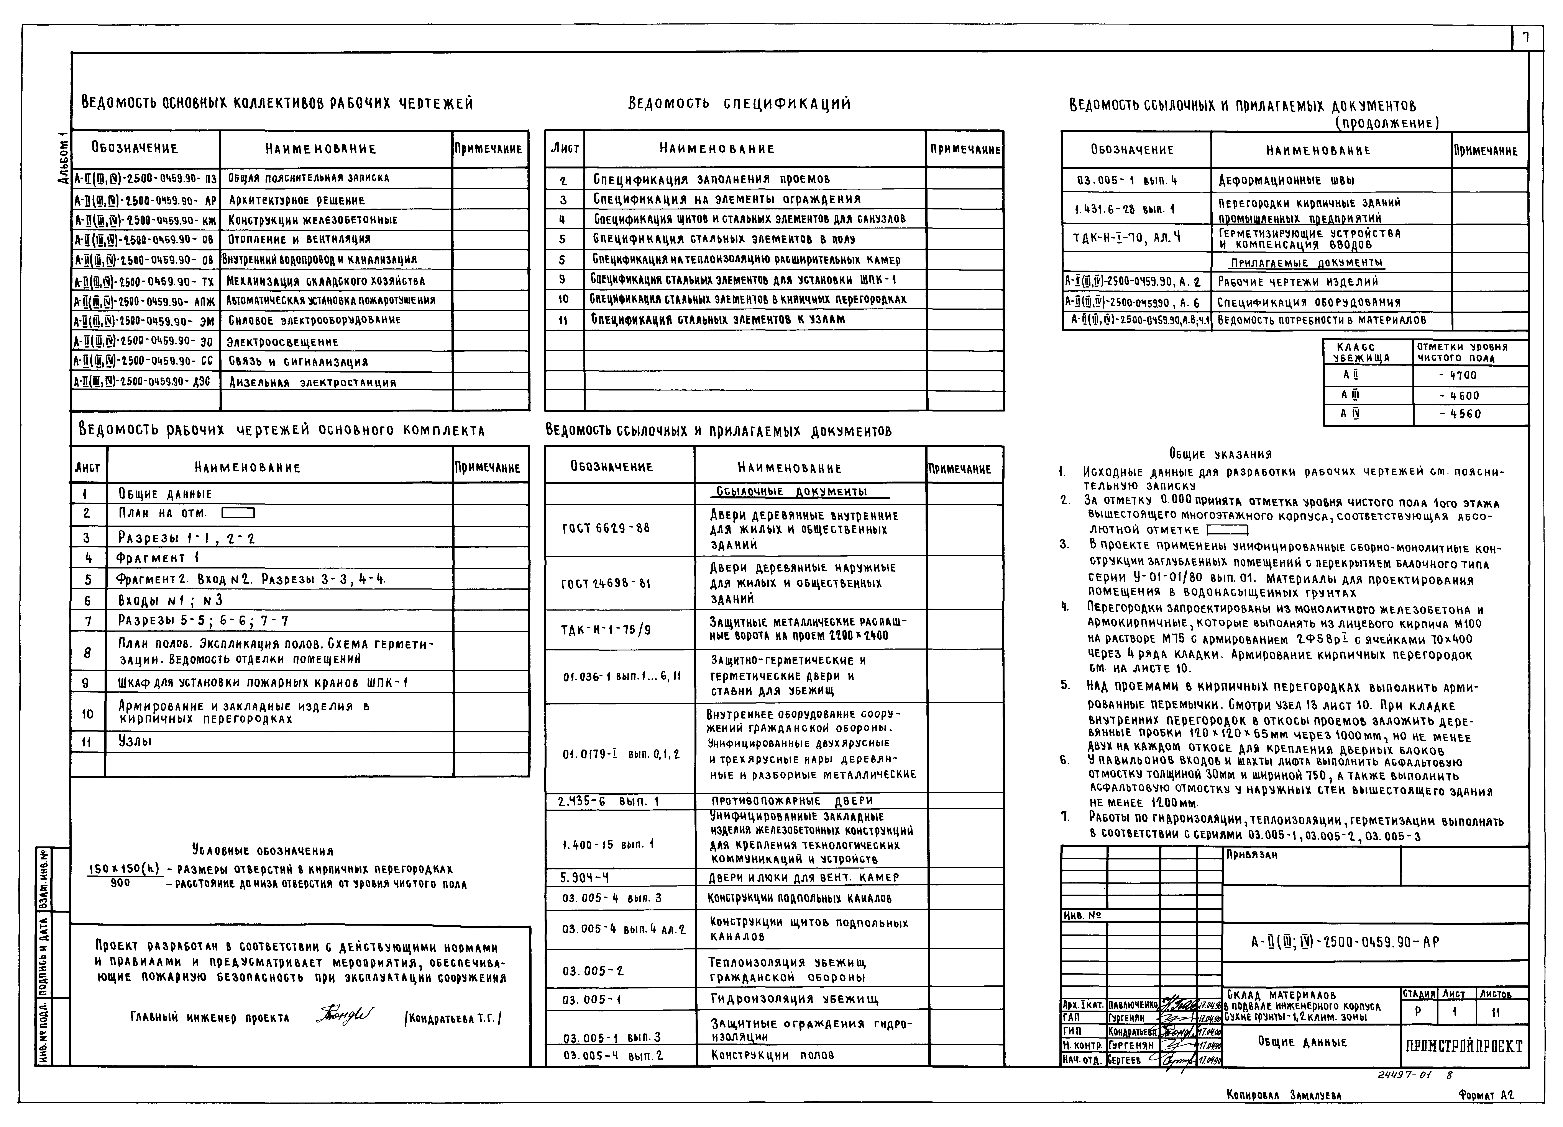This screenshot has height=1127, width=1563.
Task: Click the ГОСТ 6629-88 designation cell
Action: click(606, 528)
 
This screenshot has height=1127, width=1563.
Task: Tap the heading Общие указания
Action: click(1220, 454)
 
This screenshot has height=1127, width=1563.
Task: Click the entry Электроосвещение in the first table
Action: click(283, 342)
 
